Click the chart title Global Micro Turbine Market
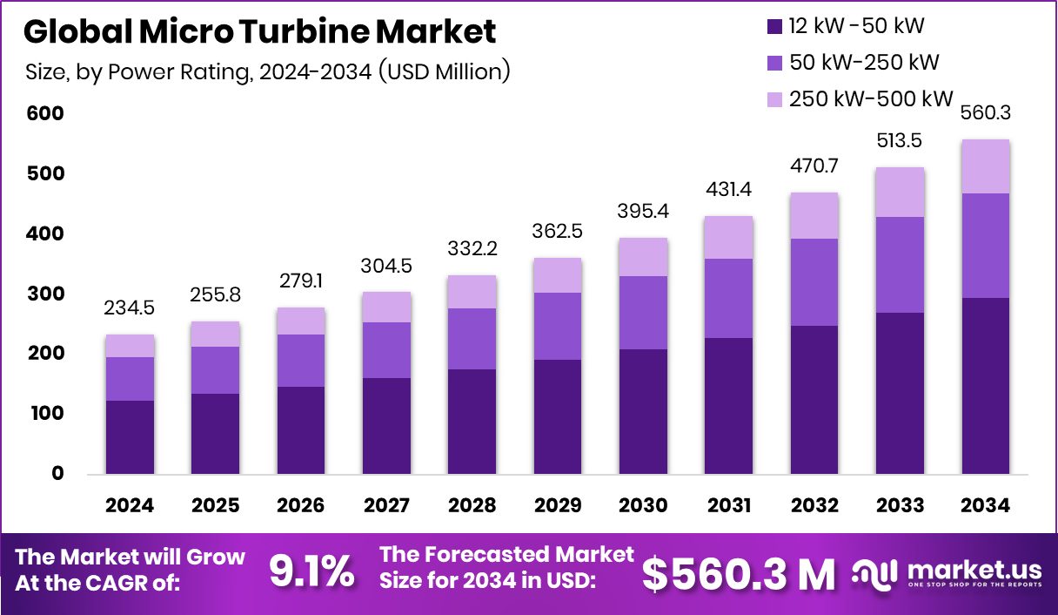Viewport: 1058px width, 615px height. pyautogui.click(x=259, y=31)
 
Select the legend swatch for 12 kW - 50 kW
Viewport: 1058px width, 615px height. pyautogui.click(x=774, y=26)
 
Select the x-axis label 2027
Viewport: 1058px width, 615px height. pyautogui.click(x=386, y=506)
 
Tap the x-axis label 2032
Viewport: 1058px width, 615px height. pyautogui.click(x=814, y=506)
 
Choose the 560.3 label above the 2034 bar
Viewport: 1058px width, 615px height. pyautogui.click(x=986, y=114)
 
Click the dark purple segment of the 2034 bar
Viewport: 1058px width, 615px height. pyautogui.click(x=986, y=386)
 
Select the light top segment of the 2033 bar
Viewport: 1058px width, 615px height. pyautogui.click(x=900, y=192)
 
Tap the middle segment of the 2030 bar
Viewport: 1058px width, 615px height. pyautogui.click(x=643, y=312)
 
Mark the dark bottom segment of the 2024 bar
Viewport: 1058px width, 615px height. pyautogui.click(x=130, y=437)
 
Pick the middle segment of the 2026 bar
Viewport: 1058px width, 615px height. pyautogui.click(x=301, y=360)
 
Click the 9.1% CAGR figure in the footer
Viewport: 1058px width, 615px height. pyautogui.click(x=311, y=572)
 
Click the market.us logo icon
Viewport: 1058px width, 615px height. pyautogui.click(x=874, y=572)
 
